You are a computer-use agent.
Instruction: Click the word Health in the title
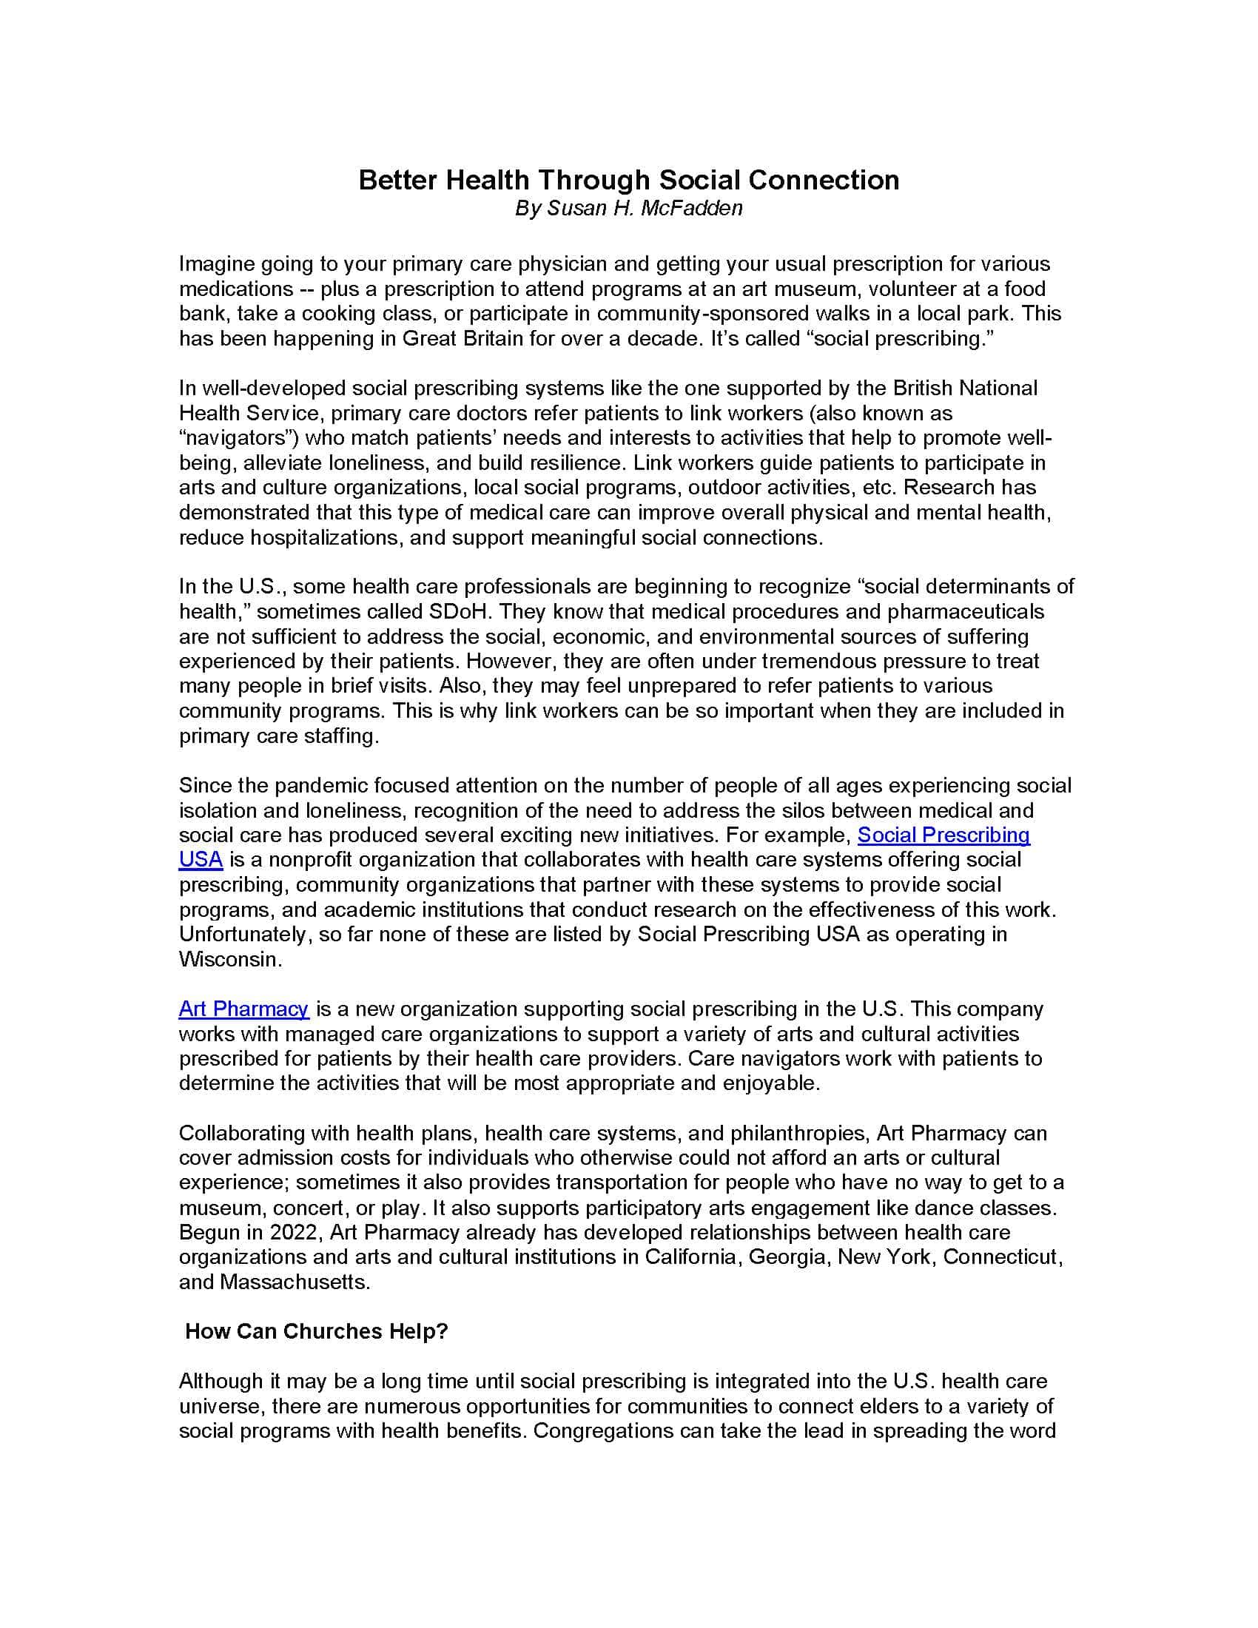pos(488,180)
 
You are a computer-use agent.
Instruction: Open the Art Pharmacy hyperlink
pos(243,1009)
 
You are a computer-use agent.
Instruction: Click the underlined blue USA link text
pos(201,859)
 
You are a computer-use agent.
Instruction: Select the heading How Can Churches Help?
pos(316,1331)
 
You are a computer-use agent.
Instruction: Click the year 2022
pos(293,1232)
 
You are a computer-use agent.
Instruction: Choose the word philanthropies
pos(793,1133)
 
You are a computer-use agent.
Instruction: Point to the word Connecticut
pos(1002,1257)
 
